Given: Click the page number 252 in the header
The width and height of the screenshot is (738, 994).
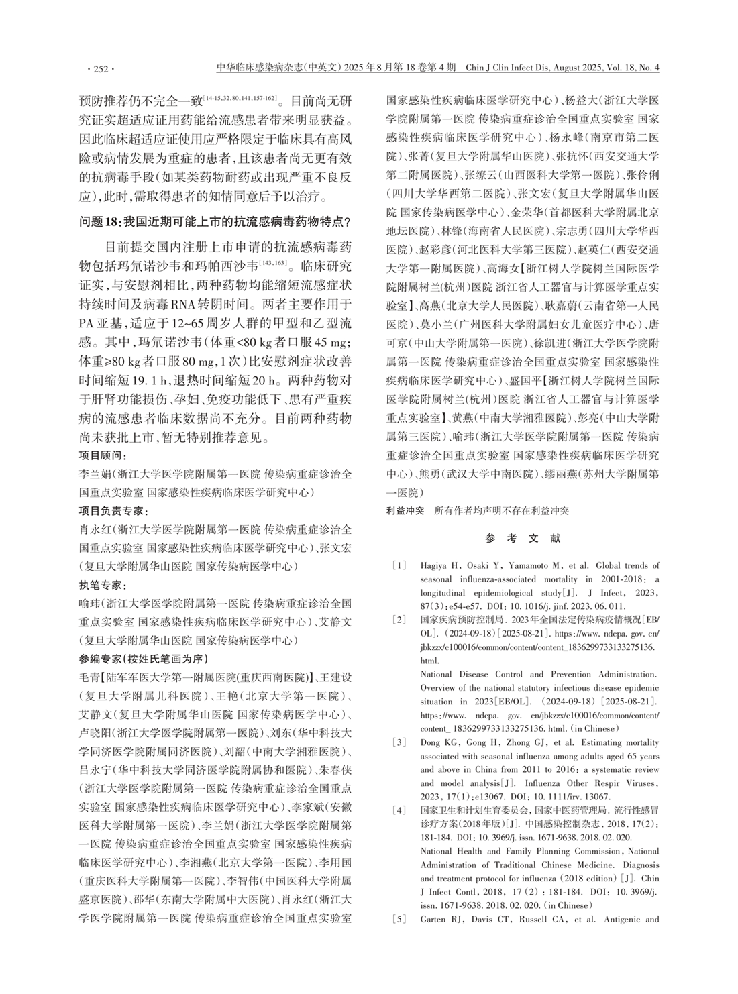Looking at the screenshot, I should point(100,68).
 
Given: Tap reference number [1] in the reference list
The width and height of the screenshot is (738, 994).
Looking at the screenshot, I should point(399,565).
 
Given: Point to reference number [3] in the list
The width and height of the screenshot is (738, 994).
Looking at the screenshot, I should point(399,743).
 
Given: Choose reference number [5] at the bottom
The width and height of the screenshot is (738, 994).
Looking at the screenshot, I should point(399,918).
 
